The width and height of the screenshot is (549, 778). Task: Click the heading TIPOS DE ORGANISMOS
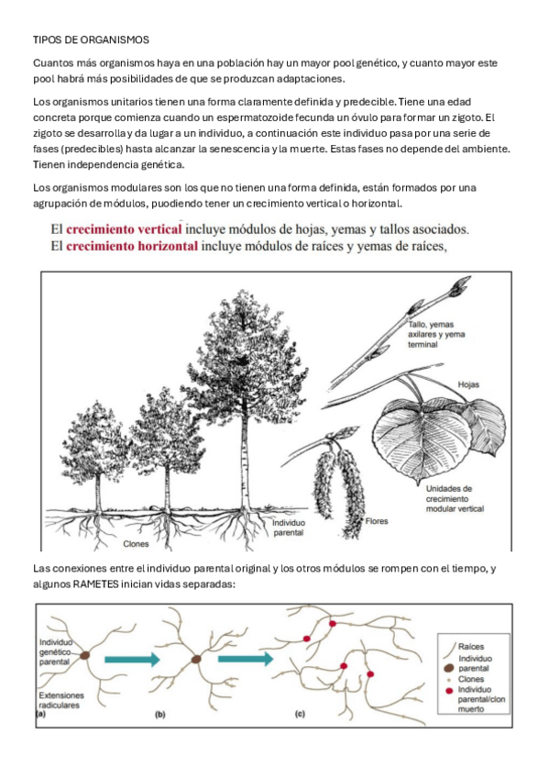91,39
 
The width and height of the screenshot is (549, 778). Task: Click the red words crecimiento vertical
124,229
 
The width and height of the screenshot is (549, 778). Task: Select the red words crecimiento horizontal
132,246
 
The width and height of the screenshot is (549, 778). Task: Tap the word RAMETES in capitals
95,584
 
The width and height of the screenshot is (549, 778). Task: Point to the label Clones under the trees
136,544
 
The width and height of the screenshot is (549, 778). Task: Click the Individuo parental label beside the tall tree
289,528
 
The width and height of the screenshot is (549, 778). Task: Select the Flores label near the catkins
377,521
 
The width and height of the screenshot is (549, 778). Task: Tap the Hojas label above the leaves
468,384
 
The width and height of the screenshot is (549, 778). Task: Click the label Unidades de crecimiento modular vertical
455,499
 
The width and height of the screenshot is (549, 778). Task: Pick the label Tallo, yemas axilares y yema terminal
436,335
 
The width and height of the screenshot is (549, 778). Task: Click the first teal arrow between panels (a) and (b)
132,660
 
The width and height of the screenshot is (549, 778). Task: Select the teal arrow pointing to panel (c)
246,659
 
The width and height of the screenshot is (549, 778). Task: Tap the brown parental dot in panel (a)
84,655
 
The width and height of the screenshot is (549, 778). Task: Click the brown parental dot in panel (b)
197,660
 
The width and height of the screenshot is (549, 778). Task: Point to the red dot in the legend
449,691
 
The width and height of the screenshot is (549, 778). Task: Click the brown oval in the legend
449,668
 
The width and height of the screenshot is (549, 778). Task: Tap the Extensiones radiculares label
61,700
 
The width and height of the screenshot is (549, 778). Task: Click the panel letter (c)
300,714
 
